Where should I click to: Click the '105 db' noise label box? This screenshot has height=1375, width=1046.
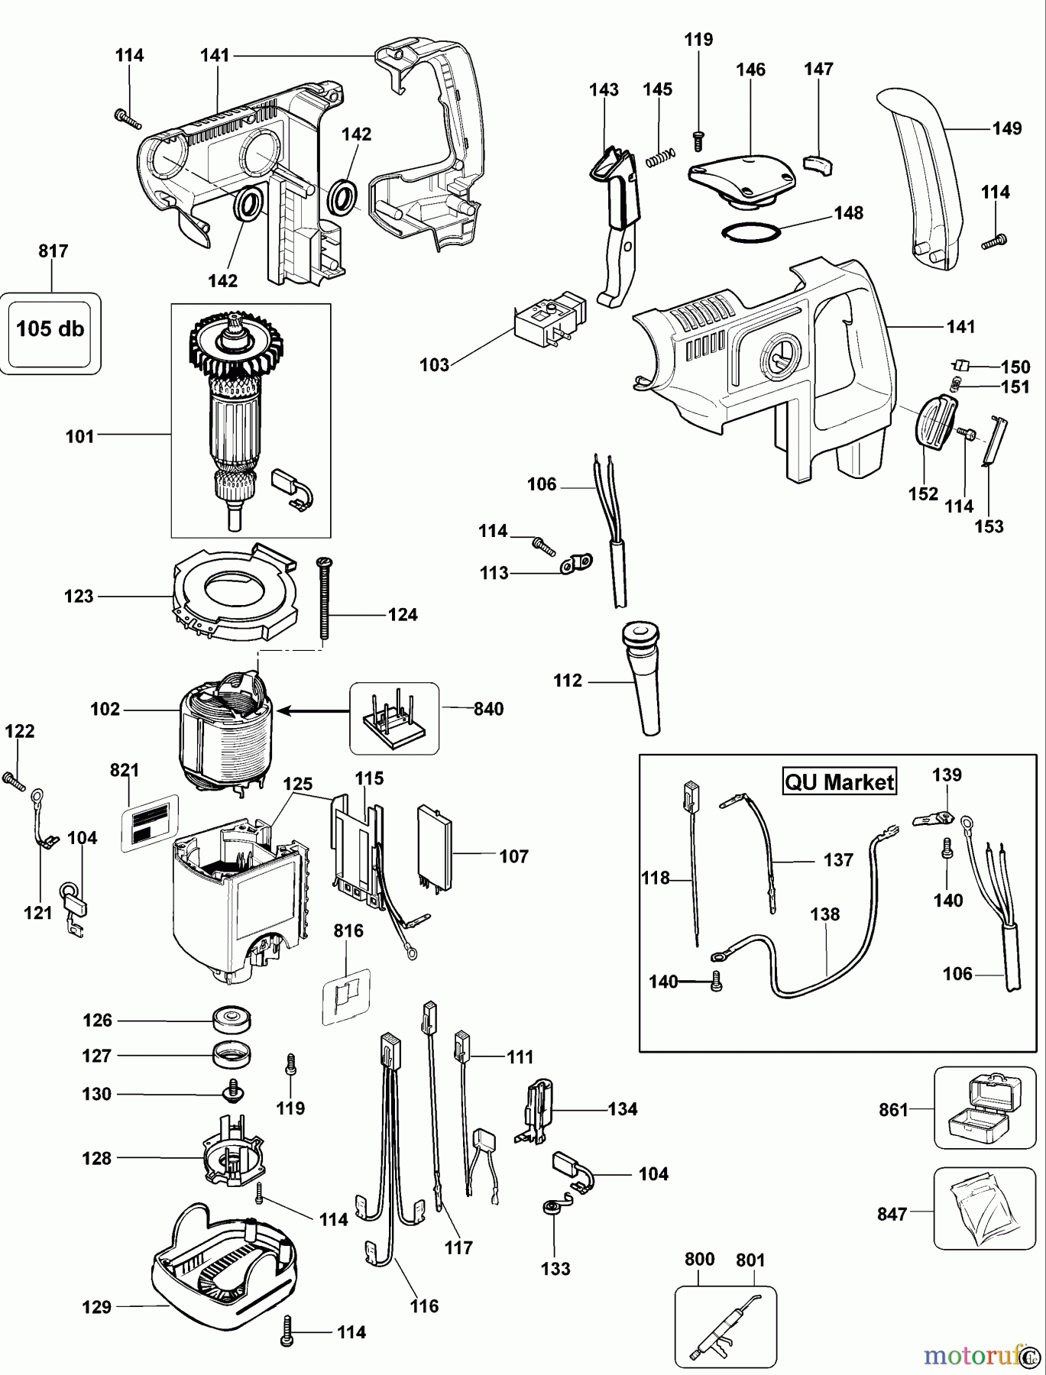click(50, 329)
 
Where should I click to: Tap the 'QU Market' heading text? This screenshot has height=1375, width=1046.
click(839, 782)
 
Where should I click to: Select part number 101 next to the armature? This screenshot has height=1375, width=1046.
click(79, 437)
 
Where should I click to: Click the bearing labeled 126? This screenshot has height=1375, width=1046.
click(232, 1019)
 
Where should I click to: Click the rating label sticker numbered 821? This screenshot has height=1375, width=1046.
click(149, 823)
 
